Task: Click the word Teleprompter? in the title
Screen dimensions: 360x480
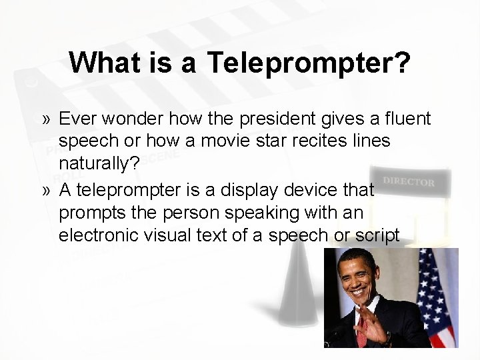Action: click(x=309, y=63)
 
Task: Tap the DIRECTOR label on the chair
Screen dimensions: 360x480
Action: click(x=409, y=181)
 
